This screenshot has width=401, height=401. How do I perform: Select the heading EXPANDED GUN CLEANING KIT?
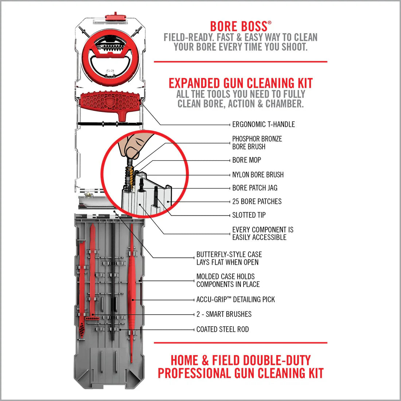coord(241,83)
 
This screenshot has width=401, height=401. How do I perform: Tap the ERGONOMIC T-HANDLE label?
coord(263,124)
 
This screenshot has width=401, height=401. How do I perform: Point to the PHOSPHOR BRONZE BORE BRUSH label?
coord(257,143)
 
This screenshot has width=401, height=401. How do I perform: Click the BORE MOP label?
coord(246,160)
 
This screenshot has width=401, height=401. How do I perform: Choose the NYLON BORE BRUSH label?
coord(258,175)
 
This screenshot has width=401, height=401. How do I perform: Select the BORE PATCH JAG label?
coord(254,188)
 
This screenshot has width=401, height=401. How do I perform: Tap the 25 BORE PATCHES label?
coord(257,201)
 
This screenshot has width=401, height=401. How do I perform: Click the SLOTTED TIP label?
coord(249,215)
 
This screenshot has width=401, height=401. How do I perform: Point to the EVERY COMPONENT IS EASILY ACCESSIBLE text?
coord(262,233)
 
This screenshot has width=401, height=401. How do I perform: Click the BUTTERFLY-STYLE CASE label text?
coord(229,258)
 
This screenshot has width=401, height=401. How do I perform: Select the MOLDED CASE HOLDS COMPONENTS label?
coord(228,280)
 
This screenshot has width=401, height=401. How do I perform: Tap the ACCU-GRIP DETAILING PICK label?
coord(235,299)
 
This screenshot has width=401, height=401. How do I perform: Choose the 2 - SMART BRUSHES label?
coord(224,314)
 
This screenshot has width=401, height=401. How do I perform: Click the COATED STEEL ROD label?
coord(222,329)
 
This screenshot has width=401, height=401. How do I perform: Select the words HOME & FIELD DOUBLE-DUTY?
coord(241,360)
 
